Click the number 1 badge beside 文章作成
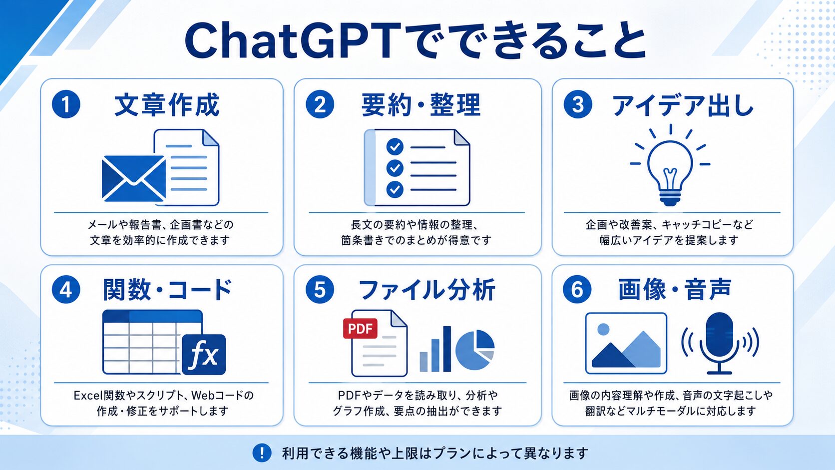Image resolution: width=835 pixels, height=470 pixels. [66, 104]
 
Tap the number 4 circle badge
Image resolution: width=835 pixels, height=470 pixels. [66, 289]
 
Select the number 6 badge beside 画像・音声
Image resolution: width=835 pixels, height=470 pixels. [577, 289]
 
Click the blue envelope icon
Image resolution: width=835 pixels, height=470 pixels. [134, 178]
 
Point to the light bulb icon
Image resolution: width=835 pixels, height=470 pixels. [670, 165]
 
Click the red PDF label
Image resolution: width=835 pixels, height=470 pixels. [360, 328]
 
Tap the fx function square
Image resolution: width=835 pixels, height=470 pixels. [204, 355]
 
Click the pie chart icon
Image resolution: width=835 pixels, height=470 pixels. [475, 350]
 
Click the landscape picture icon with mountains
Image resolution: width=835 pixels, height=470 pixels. [626, 343]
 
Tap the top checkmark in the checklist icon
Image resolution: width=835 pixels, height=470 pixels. [395, 147]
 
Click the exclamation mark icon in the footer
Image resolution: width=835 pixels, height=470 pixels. [262, 453]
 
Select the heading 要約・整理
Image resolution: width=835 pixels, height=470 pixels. [421, 105]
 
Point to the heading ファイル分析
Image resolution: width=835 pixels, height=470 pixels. [427, 290]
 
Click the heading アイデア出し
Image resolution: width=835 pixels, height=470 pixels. [683, 105]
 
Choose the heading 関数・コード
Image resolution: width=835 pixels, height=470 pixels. [167, 290]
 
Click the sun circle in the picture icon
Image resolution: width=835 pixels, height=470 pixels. [603, 329]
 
